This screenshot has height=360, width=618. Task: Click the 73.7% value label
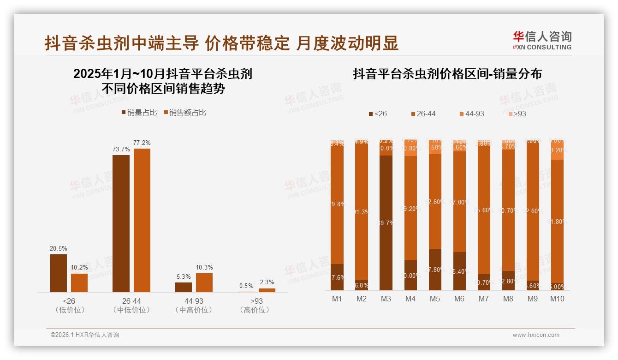pyautogui.click(x=121, y=149)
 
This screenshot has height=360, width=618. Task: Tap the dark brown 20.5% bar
pyautogui.click(x=59, y=273)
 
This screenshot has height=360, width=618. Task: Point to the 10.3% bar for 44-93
pyautogui.click(x=204, y=282)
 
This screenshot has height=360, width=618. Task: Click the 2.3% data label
pyautogui.click(x=267, y=282)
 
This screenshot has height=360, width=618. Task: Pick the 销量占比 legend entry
pyautogui.click(x=139, y=112)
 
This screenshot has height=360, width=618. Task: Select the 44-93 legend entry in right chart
pyautogui.click(x=472, y=114)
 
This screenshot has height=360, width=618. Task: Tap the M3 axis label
pyautogui.click(x=386, y=299)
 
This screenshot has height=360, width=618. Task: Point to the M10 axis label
pyautogui.click(x=557, y=299)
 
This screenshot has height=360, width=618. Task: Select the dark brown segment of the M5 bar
pyautogui.click(x=435, y=270)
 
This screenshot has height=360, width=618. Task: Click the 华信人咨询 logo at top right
pyautogui.click(x=542, y=40)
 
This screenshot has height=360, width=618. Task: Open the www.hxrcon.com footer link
pyautogui.click(x=536, y=335)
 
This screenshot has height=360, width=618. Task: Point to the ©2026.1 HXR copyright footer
pyautogui.click(x=85, y=335)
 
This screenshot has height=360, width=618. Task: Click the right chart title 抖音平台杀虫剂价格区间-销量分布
pyautogui.click(x=447, y=74)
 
